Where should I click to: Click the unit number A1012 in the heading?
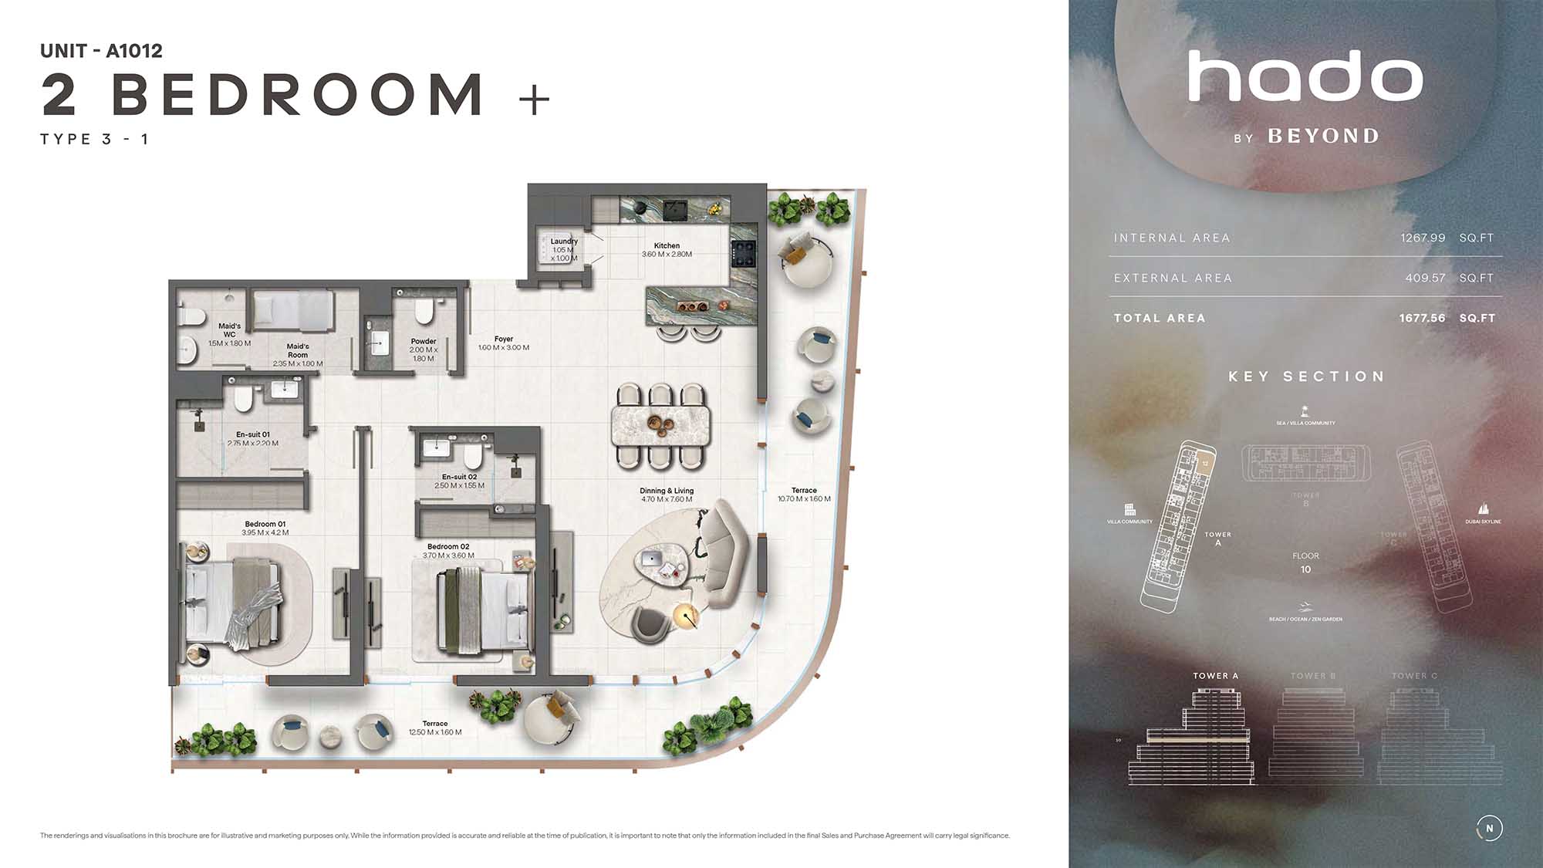pyautogui.click(x=134, y=51)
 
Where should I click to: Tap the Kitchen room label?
pyautogui.click(x=667, y=245)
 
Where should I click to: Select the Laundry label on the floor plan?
pyautogui.click(x=564, y=241)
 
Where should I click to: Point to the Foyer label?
pyautogui.click(x=504, y=339)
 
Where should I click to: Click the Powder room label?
pyautogui.click(x=424, y=341)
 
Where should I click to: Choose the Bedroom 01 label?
pyautogui.click(x=265, y=524)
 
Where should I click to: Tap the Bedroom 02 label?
pyautogui.click(x=448, y=546)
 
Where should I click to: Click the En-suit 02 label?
pyautogui.click(x=459, y=477)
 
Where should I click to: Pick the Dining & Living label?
pyautogui.click(x=667, y=491)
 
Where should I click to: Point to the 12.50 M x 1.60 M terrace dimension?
pyautogui.click(x=435, y=732)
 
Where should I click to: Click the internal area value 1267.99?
pyautogui.click(x=1423, y=238)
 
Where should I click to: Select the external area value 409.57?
pyautogui.click(x=1425, y=278)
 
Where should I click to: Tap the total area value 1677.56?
pyautogui.click(x=1422, y=318)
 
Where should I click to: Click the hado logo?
pyautogui.click(x=1305, y=76)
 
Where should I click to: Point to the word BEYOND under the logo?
pyautogui.click(x=1323, y=137)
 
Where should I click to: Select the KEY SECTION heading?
pyautogui.click(x=1306, y=377)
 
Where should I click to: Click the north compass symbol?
pyautogui.click(x=1489, y=828)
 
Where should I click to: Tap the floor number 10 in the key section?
pyautogui.click(x=1305, y=569)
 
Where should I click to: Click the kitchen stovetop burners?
pyautogui.click(x=743, y=250)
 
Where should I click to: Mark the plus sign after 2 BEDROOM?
pyautogui.click(x=534, y=100)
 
